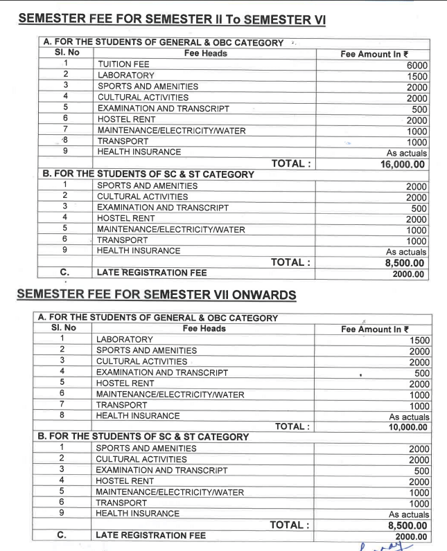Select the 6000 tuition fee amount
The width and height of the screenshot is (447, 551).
(417, 64)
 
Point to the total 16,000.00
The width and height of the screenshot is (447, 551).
(403, 164)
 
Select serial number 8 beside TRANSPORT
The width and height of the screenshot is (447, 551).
(64, 141)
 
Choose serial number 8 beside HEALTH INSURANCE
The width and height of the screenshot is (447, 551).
(61, 416)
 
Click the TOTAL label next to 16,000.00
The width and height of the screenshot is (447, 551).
(292, 164)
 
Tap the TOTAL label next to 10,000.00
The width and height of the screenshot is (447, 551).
(292, 427)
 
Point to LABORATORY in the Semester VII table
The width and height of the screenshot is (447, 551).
(124, 340)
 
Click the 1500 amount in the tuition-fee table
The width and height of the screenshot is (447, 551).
(417, 75)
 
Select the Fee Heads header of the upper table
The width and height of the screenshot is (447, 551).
(205, 53)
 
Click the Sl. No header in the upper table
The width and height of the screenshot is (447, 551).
(64, 53)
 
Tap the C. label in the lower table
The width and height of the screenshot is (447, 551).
(61, 535)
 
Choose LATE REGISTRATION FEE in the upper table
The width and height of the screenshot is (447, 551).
(152, 273)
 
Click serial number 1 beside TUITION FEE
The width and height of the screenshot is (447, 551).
(64, 64)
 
